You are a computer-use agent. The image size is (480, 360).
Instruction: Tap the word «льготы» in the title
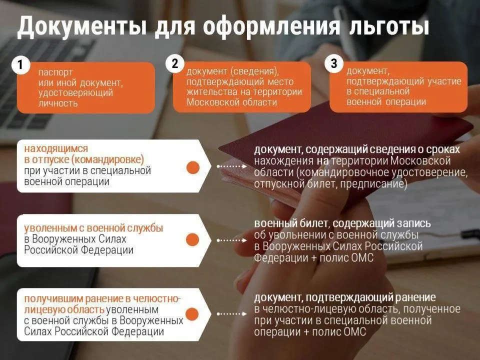390,26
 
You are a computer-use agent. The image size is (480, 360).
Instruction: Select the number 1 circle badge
20,65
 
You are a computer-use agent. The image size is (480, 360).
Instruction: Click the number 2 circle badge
174,63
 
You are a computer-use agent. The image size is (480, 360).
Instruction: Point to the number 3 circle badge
334,63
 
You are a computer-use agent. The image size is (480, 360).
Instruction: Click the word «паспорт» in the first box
55,71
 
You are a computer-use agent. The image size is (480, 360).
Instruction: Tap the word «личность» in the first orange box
58,104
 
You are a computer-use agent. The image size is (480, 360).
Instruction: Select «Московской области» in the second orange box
231,102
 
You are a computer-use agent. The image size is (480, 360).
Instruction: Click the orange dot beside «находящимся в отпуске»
193,167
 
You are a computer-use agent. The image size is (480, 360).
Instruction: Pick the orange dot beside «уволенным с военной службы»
193,240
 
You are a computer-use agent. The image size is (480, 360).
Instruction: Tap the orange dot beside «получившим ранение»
193,313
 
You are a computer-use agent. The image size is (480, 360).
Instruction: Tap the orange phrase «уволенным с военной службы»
93,228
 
